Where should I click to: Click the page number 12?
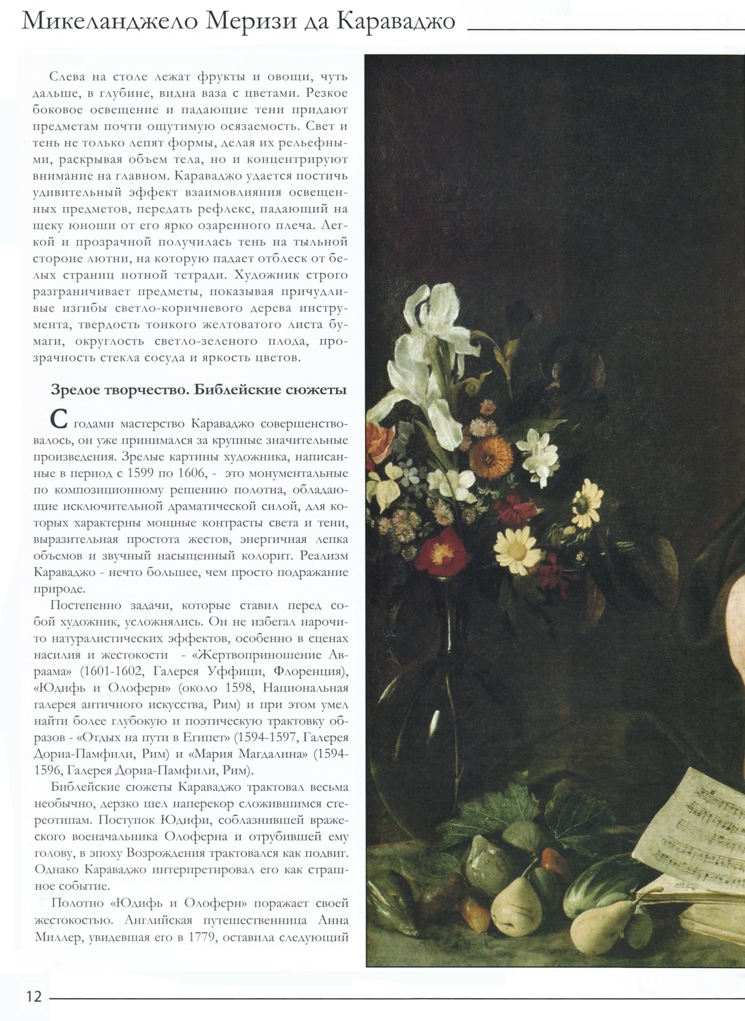pyautogui.click(x=34, y=996)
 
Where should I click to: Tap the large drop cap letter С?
pyautogui.click(x=59, y=420)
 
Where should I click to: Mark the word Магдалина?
pyautogui.click(x=278, y=754)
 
